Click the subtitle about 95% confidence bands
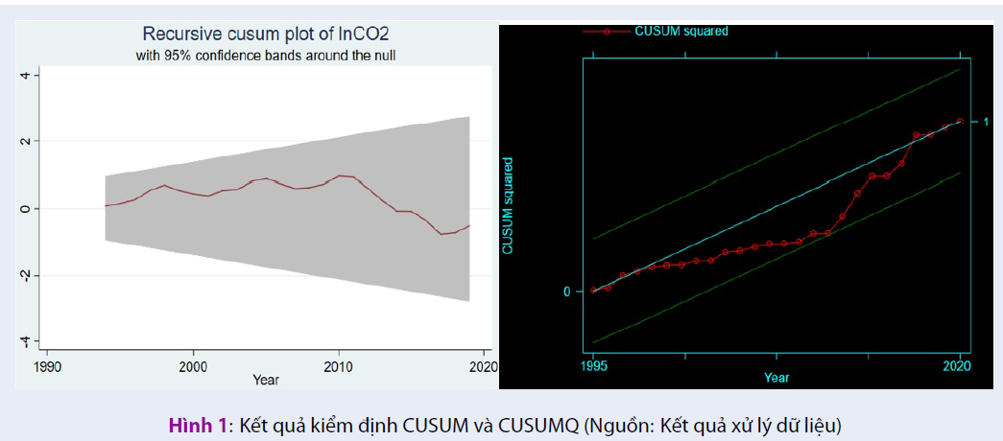(x=266, y=56)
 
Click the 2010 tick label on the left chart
(x=338, y=366)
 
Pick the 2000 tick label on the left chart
(x=193, y=366)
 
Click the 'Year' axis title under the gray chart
(x=266, y=381)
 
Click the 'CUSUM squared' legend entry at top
(x=681, y=31)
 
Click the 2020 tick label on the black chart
(x=960, y=365)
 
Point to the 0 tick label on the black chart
(x=566, y=290)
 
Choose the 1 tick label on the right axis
(x=985, y=122)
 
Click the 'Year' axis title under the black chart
(x=776, y=378)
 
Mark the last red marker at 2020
(x=960, y=122)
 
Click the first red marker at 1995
(x=593, y=290)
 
